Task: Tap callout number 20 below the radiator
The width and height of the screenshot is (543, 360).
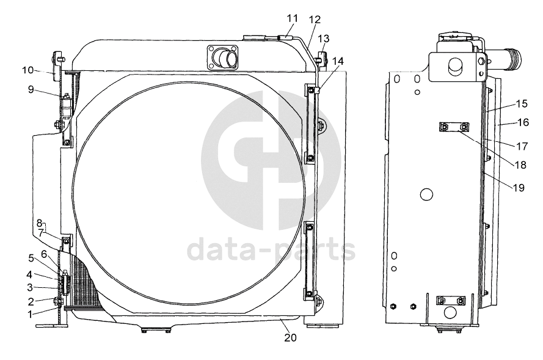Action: point(291,337)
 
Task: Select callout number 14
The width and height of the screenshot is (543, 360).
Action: point(338,61)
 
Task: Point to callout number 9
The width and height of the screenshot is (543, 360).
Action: point(31,89)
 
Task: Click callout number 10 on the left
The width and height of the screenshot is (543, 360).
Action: point(28,70)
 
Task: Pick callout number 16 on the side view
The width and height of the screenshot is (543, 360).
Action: point(523,122)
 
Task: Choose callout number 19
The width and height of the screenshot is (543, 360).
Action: point(519,188)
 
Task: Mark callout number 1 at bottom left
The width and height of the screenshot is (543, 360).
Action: point(31,314)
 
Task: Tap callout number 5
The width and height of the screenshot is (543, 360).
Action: point(31,258)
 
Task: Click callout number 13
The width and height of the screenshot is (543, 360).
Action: point(324,39)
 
